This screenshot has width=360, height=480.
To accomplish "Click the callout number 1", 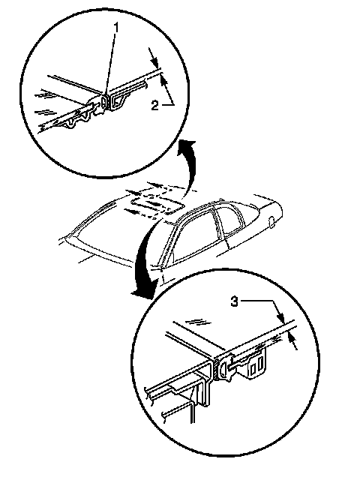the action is pyautogui.click(x=116, y=28).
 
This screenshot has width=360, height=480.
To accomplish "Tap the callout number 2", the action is pyautogui.click(x=155, y=106).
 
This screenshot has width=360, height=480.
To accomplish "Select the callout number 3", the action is pyautogui.click(x=234, y=301).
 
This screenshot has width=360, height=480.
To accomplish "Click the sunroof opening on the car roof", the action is pyautogui.click(x=156, y=205).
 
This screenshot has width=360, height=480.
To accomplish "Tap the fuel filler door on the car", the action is pyautogui.click(x=271, y=222).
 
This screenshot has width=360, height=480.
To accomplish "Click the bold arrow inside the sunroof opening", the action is pyautogui.click(x=152, y=203).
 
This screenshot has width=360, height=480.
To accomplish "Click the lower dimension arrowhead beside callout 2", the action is pyautogui.click(x=163, y=80).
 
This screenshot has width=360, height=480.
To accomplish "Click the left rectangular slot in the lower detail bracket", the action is pyautogui.click(x=253, y=370).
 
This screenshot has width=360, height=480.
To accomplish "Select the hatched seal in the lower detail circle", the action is pyautogui.click(x=217, y=369).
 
